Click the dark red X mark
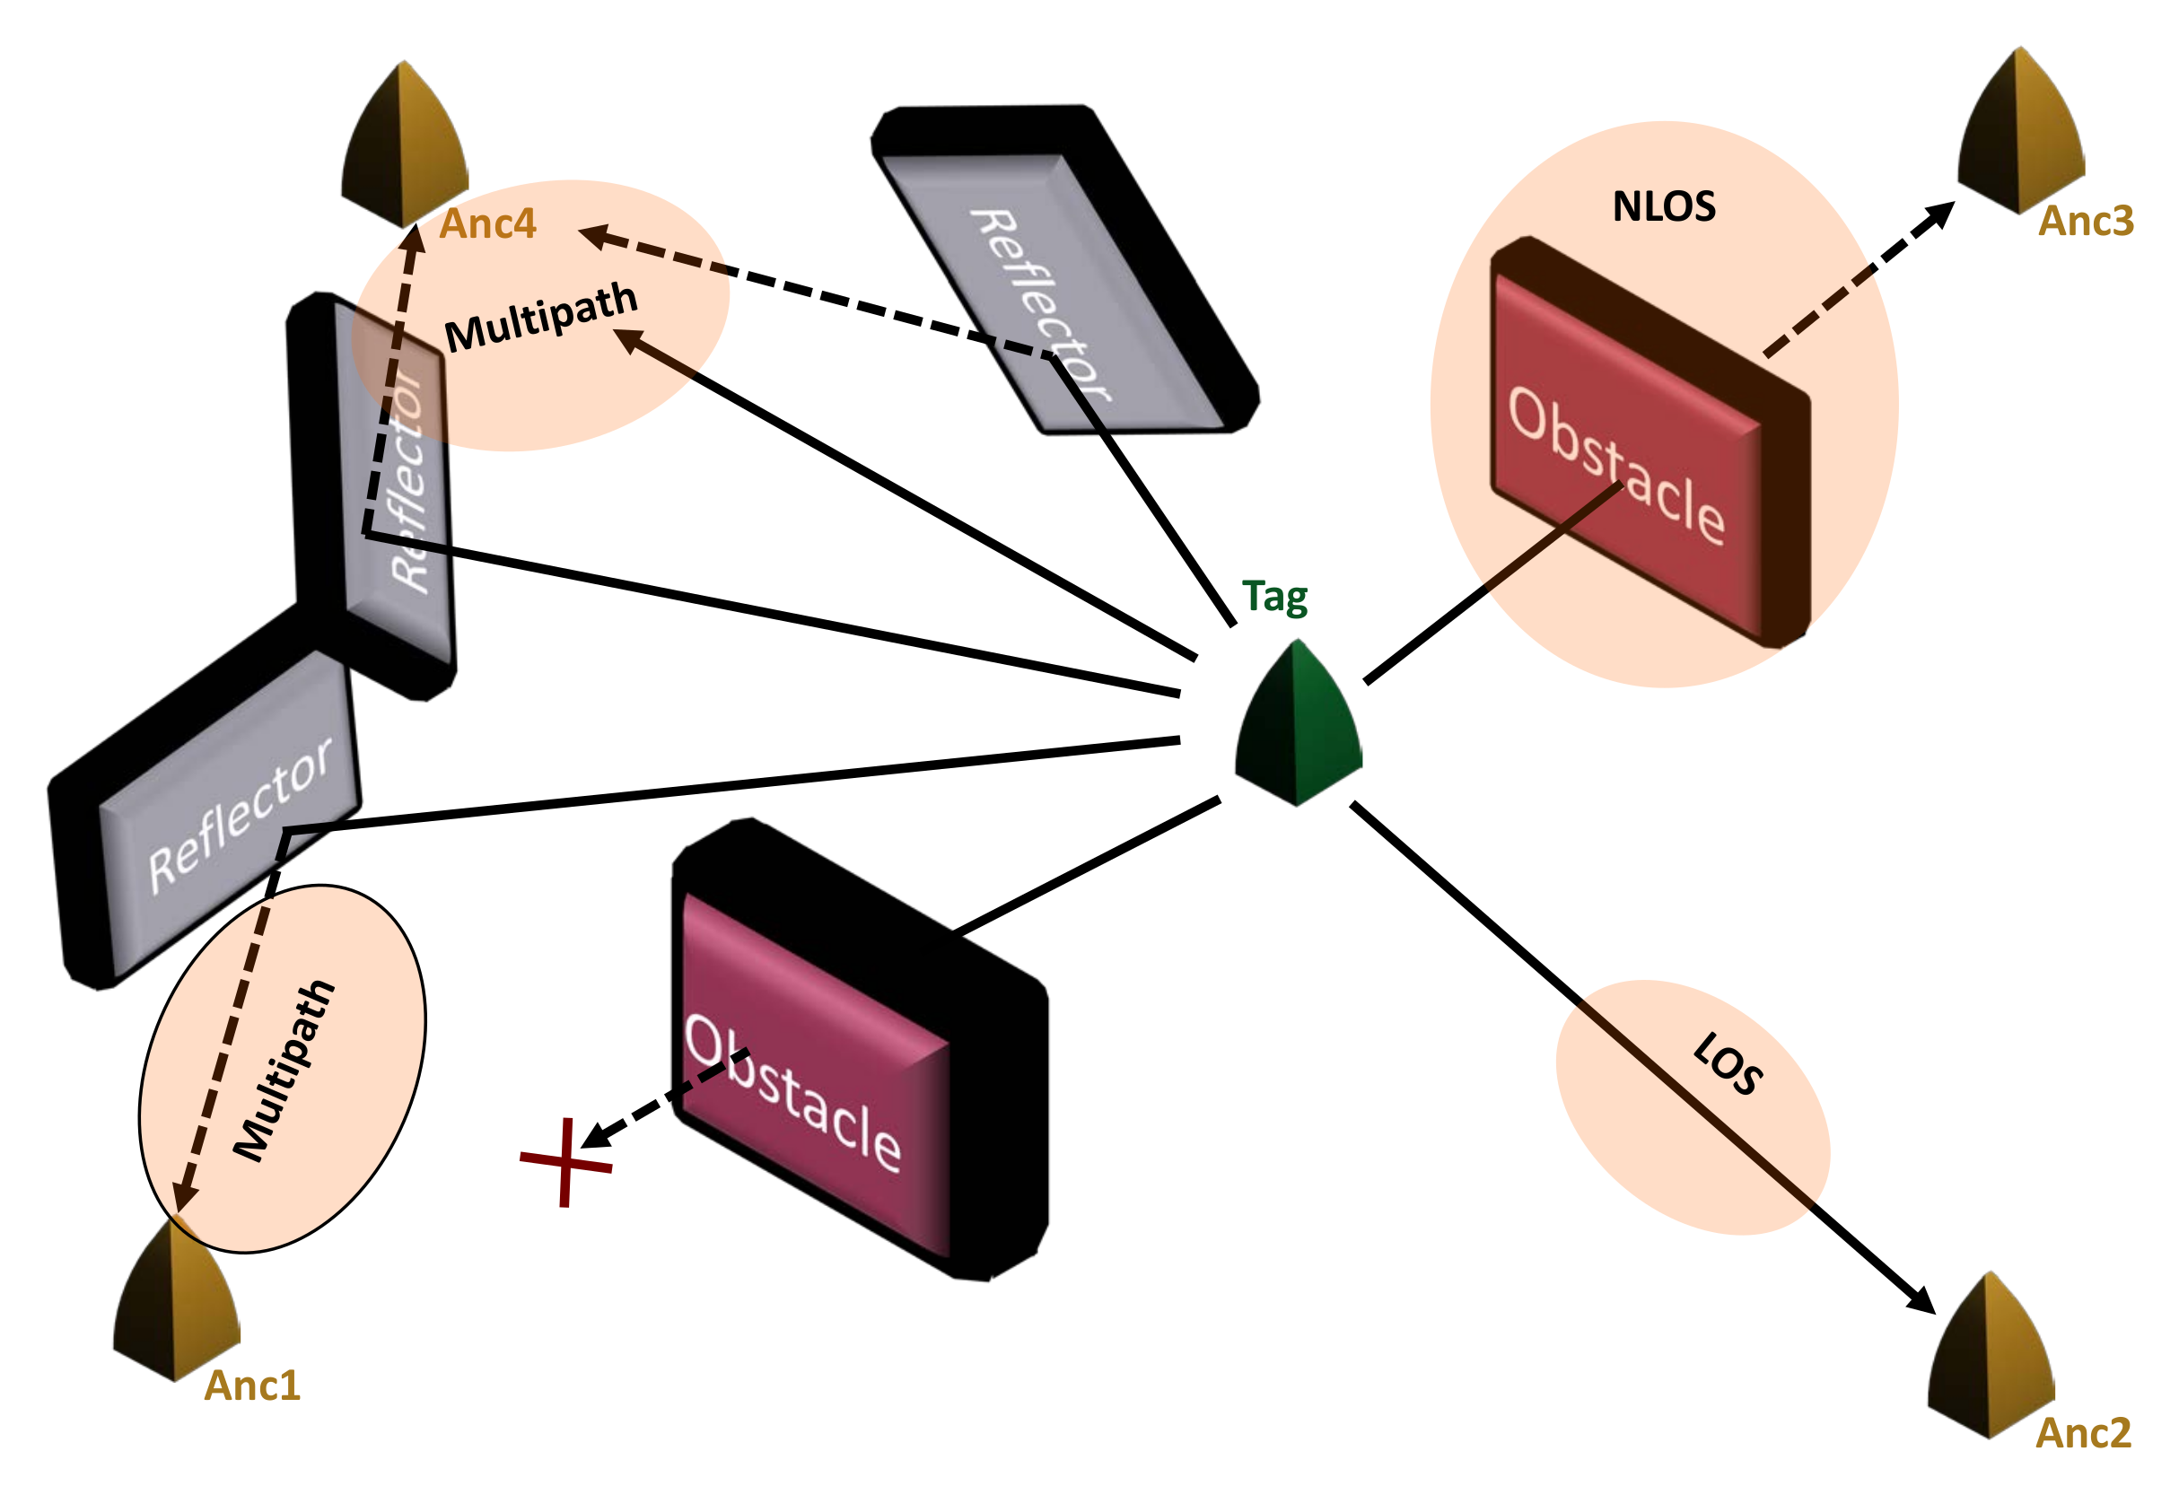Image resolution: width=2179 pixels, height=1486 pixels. (565, 1163)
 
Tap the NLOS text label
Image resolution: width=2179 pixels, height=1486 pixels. (1664, 207)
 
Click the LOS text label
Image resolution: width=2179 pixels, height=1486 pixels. (1728, 1063)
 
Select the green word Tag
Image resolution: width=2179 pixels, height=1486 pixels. (1274, 598)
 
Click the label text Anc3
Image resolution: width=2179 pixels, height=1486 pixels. (2087, 223)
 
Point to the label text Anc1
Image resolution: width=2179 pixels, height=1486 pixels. (252, 1386)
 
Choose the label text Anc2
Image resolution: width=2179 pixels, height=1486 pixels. (2083, 1433)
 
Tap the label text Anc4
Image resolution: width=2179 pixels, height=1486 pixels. (487, 224)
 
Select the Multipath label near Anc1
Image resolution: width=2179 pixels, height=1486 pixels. (284, 1071)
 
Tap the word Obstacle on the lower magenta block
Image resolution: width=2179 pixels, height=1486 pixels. (793, 1093)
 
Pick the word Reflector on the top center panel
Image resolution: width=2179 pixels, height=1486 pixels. (1041, 306)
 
